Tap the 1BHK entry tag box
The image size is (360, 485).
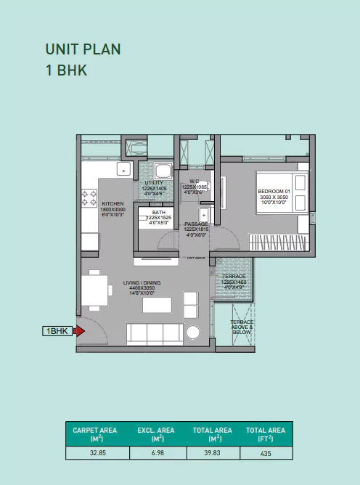[x=58, y=331]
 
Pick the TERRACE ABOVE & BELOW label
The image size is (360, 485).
[x=242, y=325]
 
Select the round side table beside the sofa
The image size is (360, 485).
[x=194, y=333]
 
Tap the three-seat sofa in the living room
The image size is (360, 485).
[x=155, y=333]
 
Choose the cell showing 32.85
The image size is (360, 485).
[x=97, y=452]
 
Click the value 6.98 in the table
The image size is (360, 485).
[x=157, y=452]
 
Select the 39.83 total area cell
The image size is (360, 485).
[x=212, y=452]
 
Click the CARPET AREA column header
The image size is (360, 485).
[x=97, y=434]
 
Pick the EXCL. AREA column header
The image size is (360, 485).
[x=157, y=434]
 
